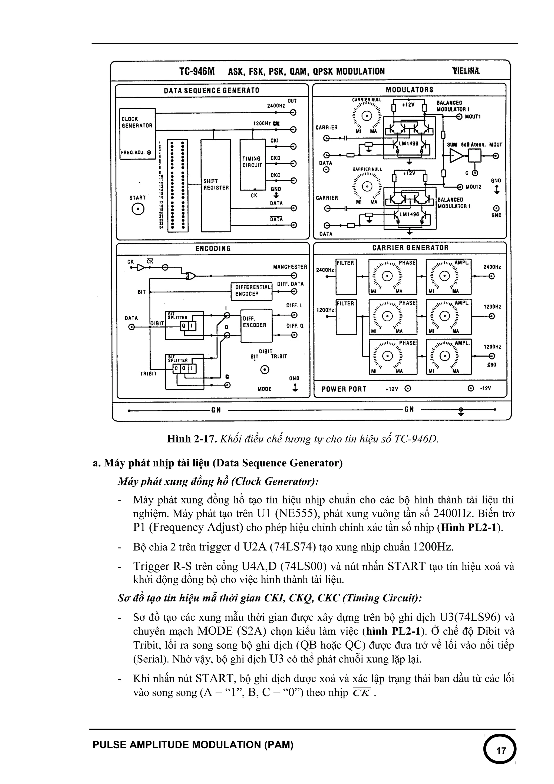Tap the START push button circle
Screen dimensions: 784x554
[138, 209]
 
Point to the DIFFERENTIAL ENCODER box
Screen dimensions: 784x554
[251, 291]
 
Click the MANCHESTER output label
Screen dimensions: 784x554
[290, 267]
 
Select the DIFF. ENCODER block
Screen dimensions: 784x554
[257, 325]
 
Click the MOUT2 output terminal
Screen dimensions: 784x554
[459, 187]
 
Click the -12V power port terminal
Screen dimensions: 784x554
[471, 388]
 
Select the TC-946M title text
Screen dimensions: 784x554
[197, 71]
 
